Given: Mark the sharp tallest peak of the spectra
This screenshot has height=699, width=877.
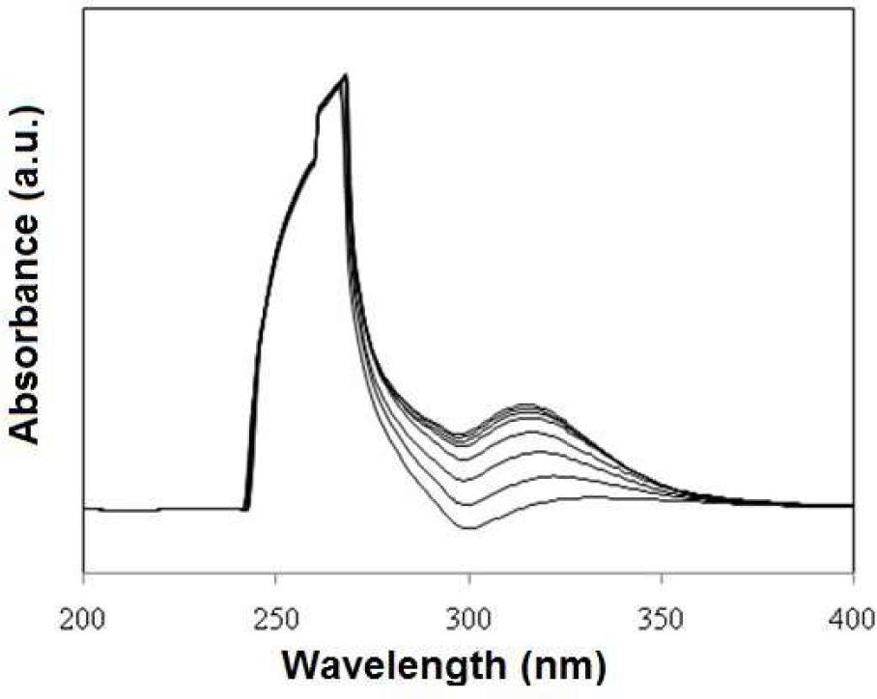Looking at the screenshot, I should pyautogui.click(x=345, y=75).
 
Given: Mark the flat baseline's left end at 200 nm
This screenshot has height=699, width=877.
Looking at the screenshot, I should pyautogui.click(x=86, y=508).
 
